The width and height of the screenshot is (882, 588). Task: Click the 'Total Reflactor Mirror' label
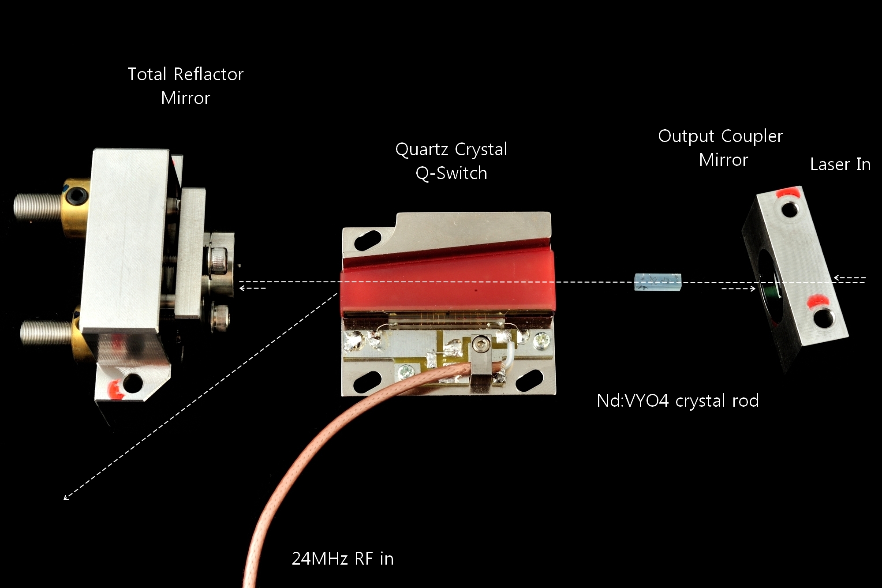185,86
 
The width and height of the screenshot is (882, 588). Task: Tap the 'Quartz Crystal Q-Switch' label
451,161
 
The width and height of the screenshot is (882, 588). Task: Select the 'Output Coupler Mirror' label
721,148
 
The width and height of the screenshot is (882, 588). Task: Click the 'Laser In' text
840,165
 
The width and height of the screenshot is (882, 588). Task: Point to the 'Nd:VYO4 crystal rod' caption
677,401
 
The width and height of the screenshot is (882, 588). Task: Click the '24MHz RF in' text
343,558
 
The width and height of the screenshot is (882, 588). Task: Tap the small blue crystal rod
658,282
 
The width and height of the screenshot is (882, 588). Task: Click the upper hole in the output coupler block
789,208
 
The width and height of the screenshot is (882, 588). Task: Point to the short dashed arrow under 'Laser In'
849,278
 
